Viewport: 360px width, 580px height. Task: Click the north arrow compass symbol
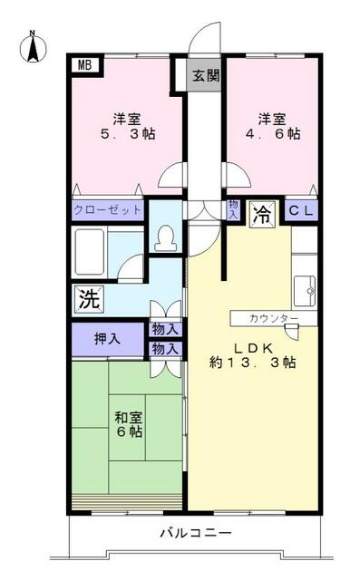[33, 46]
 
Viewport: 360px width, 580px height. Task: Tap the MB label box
[84, 65]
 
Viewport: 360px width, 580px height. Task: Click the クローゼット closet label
[107, 210]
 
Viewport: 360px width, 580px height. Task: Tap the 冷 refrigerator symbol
[261, 214]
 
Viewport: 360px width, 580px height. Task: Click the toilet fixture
[165, 237]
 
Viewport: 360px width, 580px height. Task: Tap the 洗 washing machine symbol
[87, 296]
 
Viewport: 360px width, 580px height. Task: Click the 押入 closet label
[107, 339]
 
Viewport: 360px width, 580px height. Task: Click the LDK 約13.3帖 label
[253, 353]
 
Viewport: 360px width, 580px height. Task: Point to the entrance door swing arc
[207, 41]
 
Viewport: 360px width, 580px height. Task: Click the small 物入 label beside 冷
[233, 210]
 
